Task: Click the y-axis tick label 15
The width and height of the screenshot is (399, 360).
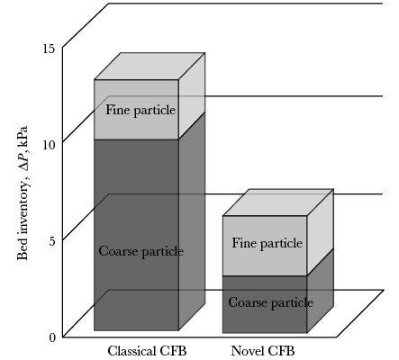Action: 49,49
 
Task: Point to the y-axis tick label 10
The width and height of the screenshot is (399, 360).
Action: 49,145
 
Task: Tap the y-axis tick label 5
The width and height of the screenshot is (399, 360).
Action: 52,240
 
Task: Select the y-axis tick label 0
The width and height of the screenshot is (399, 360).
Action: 52,337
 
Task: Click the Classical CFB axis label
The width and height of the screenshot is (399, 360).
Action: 147,351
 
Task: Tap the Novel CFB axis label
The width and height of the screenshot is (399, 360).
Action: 263,351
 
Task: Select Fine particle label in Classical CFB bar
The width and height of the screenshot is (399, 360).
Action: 141,110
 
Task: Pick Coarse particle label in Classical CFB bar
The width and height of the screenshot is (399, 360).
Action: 141,251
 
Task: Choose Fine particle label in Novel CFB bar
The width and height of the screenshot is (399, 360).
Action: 268,243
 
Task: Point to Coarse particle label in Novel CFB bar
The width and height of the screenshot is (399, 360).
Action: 271,302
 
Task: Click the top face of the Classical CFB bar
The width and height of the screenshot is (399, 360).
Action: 150,67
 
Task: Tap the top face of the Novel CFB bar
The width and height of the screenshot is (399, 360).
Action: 278,202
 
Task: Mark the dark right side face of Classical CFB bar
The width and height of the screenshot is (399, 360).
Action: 192,221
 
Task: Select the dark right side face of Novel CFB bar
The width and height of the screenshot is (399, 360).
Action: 321,291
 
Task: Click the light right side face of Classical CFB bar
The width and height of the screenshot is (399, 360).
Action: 192,96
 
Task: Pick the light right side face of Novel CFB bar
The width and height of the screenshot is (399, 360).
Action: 321,232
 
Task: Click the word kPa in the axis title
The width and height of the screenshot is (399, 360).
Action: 23,136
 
